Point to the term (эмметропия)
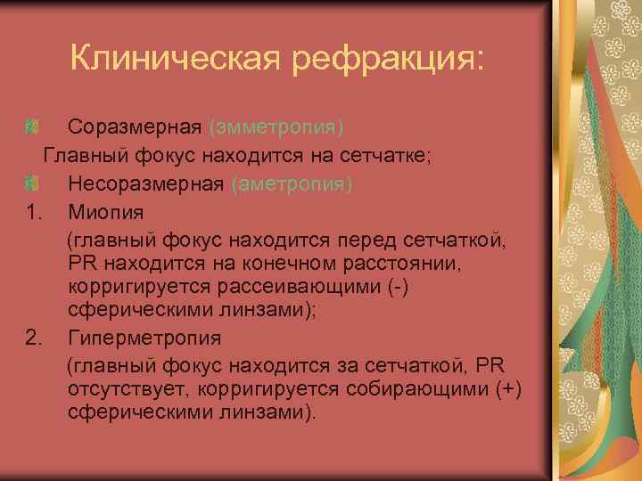click(x=276, y=126)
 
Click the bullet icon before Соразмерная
click(x=32, y=126)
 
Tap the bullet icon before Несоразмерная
click(x=32, y=184)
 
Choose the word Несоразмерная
click(x=146, y=184)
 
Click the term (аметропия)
click(x=292, y=184)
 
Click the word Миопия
click(x=105, y=213)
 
